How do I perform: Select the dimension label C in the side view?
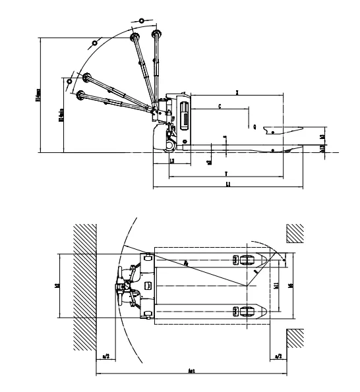220,105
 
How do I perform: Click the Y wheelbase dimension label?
225,173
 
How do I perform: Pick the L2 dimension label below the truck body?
171,161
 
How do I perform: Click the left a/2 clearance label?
105,356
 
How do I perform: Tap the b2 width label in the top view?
57,287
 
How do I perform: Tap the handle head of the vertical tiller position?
156,34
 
